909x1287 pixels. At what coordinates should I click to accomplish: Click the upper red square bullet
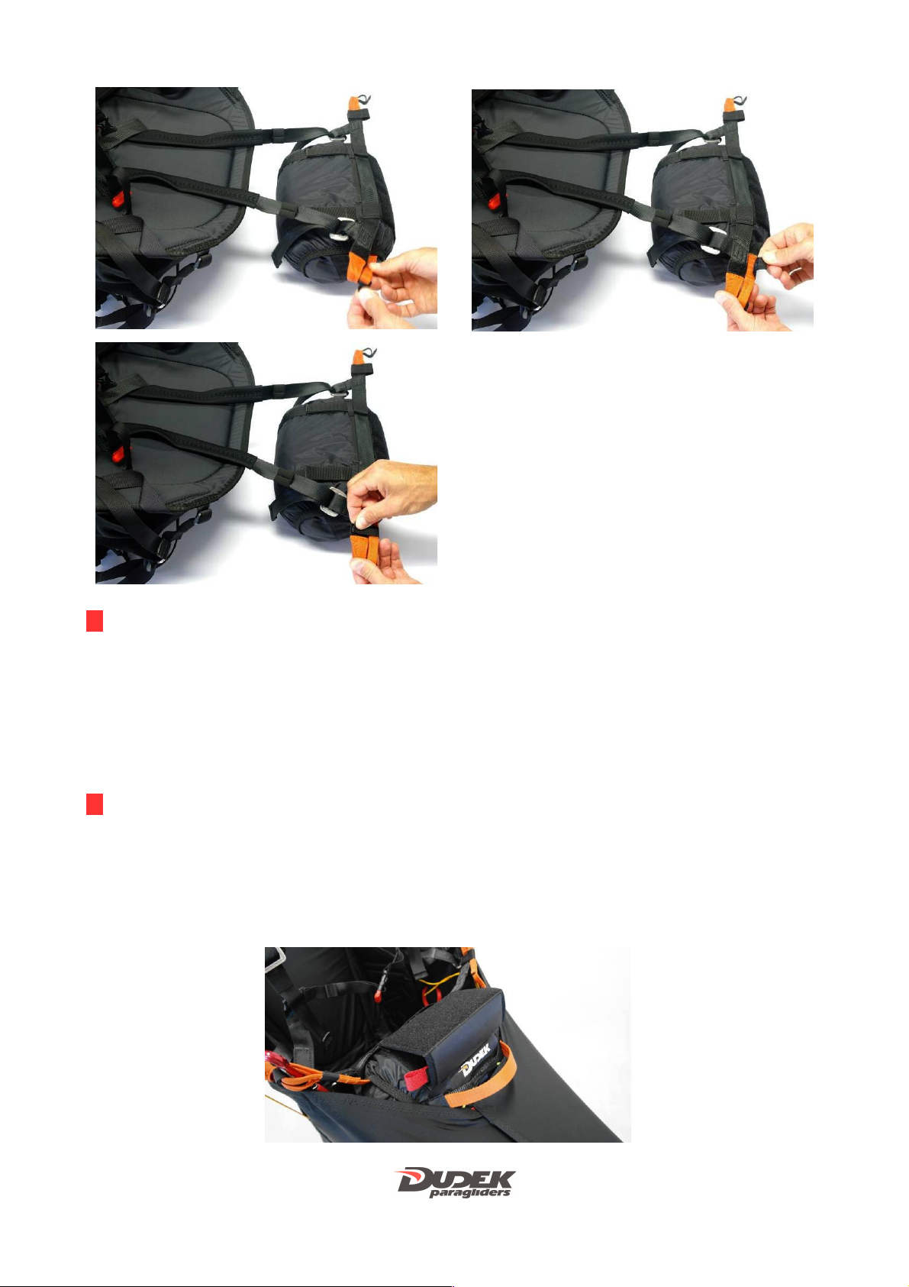tap(94, 621)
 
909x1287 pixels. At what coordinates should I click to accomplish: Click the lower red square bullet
tap(94, 804)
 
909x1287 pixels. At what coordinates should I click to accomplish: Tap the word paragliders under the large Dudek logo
tap(469, 1193)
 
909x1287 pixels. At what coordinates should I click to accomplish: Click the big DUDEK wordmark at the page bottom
tap(456, 1179)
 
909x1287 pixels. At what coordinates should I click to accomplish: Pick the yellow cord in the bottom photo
tap(442, 984)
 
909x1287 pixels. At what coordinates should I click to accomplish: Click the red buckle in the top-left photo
tap(119, 199)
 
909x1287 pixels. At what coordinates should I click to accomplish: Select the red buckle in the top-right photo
tap(494, 201)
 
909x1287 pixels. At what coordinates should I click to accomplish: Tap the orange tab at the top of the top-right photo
tap(730, 105)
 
